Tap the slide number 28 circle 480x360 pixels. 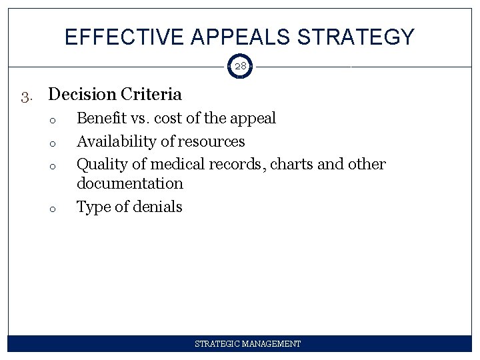pyautogui.click(x=240, y=67)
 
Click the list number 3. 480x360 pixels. pyautogui.click(x=25, y=96)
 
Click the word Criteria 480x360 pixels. pyautogui.click(x=151, y=95)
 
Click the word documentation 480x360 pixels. pyautogui.click(x=129, y=183)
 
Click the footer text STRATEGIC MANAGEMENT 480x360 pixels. pyautogui.click(x=247, y=344)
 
